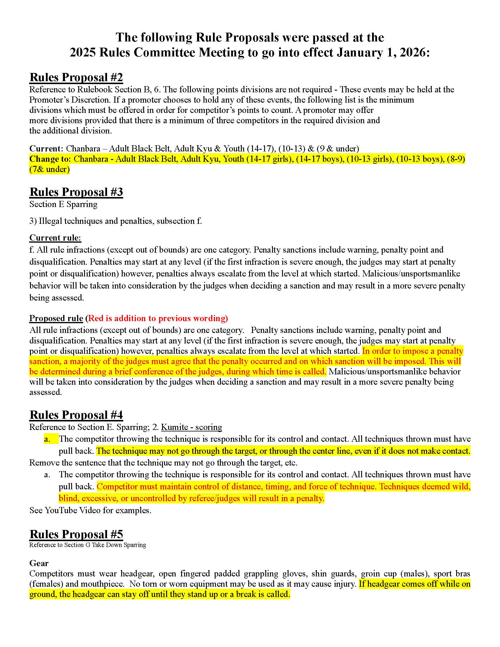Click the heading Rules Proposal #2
tap(76, 77)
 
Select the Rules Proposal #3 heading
tap(76, 192)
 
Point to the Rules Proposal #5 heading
tap(76, 534)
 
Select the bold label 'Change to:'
tap(50, 159)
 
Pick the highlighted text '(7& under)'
tap(49, 169)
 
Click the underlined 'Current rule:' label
tap(55, 238)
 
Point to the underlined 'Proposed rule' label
tap(56, 318)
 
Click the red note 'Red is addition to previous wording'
tap(158, 318)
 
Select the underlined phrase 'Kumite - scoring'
tap(191, 427)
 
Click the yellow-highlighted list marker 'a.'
tap(47, 439)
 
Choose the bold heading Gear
tap(39, 563)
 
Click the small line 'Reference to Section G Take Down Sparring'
tap(87, 545)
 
